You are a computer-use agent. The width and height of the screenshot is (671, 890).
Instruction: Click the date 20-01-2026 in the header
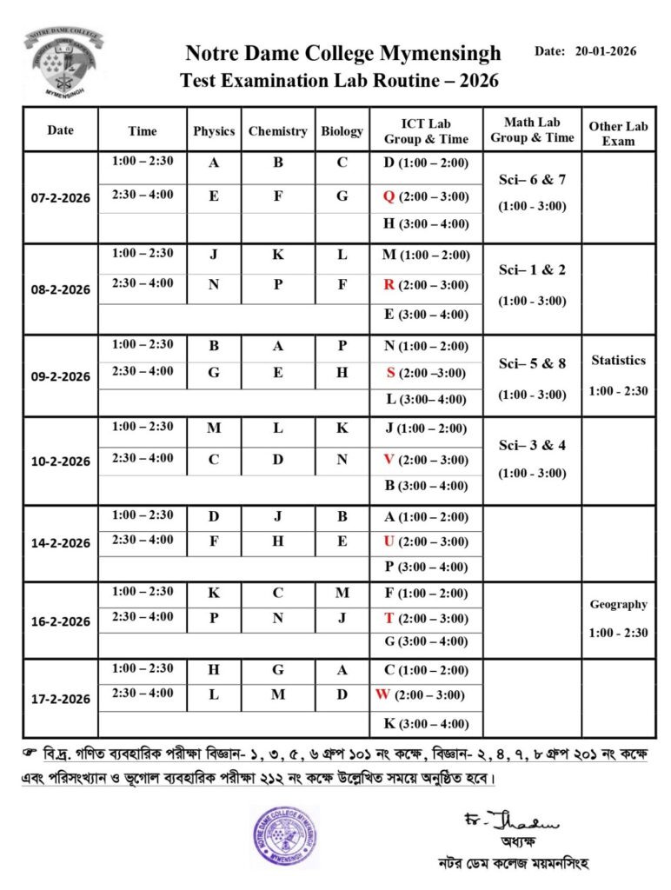click(606, 51)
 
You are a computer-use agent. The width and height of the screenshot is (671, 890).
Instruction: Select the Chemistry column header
click(277, 131)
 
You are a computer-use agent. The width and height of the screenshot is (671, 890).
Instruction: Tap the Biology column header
click(342, 131)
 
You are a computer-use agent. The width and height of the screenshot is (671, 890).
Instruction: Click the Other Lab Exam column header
click(618, 133)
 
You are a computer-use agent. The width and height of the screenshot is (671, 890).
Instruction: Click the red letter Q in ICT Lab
click(389, 196)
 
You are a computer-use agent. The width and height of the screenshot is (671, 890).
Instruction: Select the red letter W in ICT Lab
click(382, 694)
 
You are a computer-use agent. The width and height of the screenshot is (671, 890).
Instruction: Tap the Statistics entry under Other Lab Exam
click(618, 360)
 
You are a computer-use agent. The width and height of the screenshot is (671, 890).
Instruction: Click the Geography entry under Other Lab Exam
click(618, 604)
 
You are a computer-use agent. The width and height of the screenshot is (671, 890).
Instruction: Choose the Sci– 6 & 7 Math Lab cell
click(532, 180)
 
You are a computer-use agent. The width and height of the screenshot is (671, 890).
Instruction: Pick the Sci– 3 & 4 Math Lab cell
click(532, 445)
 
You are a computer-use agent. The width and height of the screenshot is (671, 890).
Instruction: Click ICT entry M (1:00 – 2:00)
click(426, 255)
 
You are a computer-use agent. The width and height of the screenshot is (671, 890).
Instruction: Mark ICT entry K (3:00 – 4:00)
click(426, 724)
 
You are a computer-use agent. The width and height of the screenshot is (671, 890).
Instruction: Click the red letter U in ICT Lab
click(389, 541)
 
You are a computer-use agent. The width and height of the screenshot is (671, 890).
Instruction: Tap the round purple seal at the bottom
click(286, 836)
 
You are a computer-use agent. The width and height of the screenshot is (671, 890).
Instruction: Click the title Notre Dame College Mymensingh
click(343, 54)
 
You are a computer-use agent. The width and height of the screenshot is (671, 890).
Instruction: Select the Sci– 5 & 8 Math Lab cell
click(532, 363)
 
